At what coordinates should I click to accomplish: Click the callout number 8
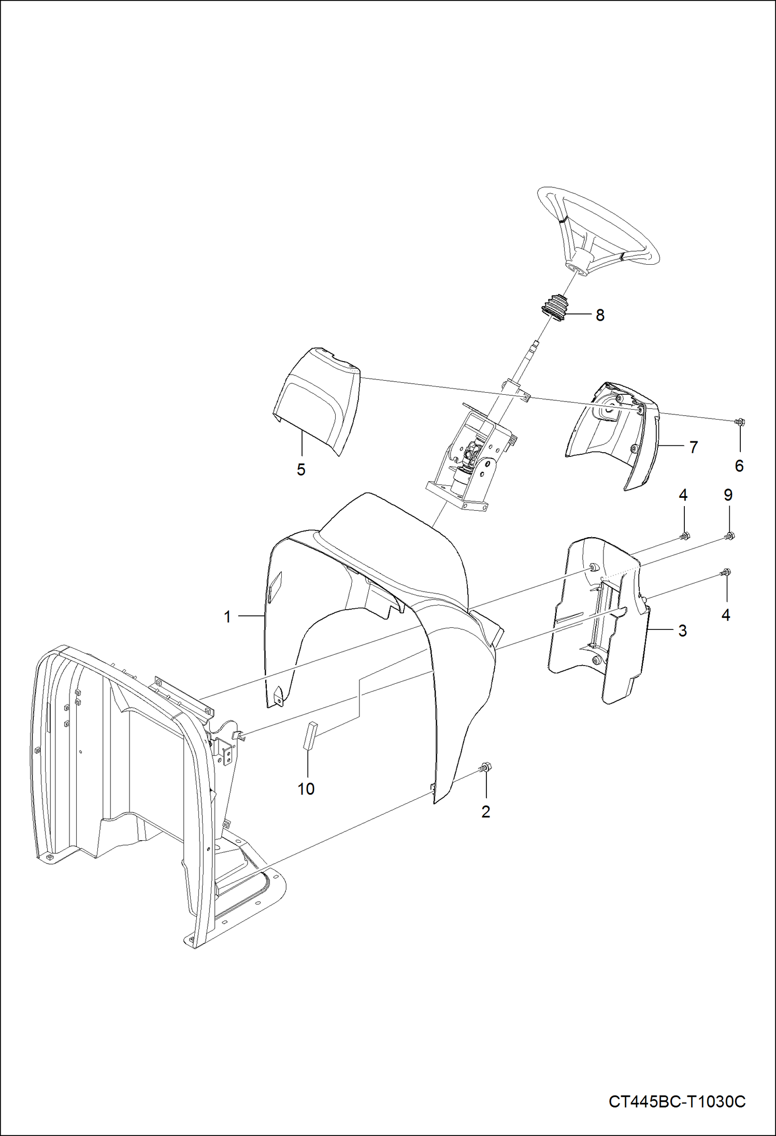tap(600, 315)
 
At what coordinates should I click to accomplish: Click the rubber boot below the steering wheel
tap(554, 308)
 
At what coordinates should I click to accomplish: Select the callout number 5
tap(301, 470)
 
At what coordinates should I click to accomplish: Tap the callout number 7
tap(694, 447)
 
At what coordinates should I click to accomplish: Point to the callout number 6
tap(739, 466)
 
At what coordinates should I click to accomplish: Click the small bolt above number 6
tap(740, 422)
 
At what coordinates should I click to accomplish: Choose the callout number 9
tap(728, 495)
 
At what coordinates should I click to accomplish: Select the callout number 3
tap(682, 630)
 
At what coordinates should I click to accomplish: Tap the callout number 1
tap(227, 616)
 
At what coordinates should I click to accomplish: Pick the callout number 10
tap(306, 789)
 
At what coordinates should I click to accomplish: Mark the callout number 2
tap(485, 812)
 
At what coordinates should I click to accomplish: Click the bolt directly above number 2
tap(486, 767)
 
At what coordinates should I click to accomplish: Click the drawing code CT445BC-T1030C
tap(677, 1101)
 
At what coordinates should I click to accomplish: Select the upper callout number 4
tap(683, 495)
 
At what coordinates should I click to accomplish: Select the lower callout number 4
tap(725, 615)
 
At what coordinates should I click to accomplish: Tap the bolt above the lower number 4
tap(725, 572)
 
